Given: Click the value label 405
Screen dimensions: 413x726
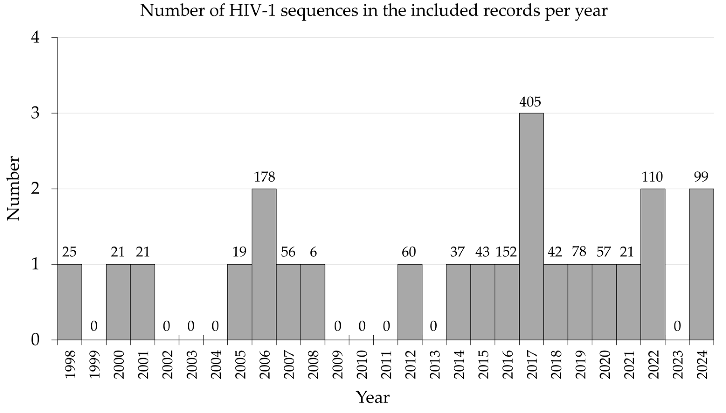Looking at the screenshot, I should point(530,102).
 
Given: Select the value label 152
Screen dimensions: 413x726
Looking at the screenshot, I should point(506,252).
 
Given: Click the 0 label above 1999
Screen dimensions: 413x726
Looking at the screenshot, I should point(94,326).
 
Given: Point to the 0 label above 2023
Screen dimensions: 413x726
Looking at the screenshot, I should point(677,326).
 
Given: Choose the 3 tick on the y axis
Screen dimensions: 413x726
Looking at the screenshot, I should point(35,113).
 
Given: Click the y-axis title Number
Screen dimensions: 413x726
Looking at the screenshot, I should point(13,188).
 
